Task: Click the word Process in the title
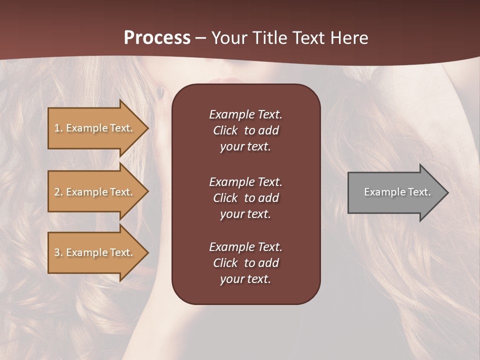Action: coord(157,38)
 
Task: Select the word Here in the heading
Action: coord(348,38)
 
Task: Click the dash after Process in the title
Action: coord(201,38)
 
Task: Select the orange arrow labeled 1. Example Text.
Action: coord(95,128)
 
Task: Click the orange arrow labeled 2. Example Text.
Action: coord(95,192)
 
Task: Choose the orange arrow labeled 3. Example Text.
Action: coord(95,252)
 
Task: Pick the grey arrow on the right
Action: coord(395,192)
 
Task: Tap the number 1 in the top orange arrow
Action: coord(57,128)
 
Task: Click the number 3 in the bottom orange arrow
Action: coord(57,252)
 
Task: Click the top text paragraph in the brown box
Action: coord(245,130)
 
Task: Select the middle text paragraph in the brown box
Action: coord(245,198)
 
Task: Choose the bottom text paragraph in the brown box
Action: coord(245,263)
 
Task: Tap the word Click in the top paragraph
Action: coord(225,130)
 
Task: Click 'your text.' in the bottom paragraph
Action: coord(245,279)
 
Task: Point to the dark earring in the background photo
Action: coord(160,92)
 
